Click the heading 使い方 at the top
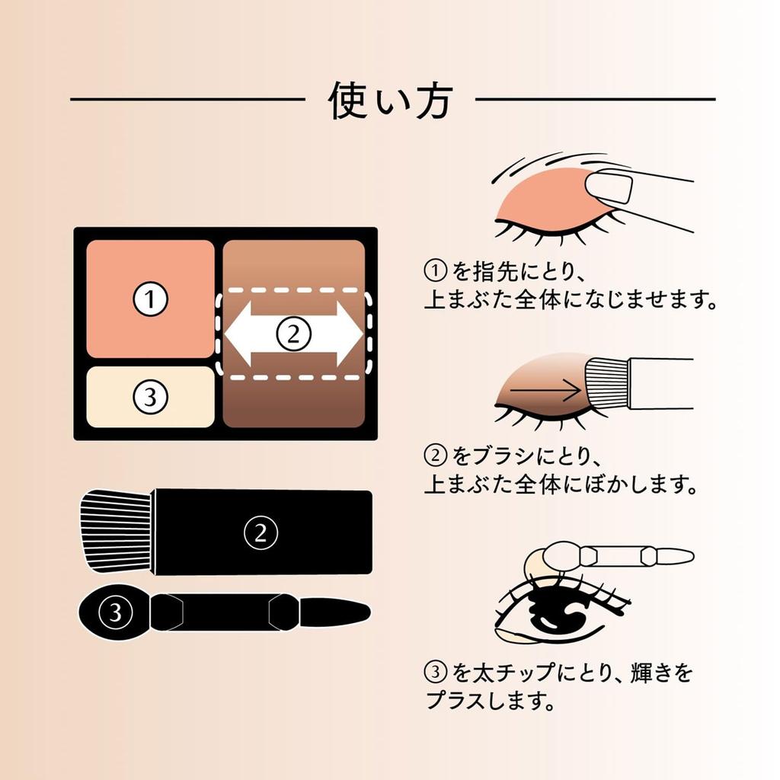pos(390,100)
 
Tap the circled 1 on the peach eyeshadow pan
pos(150,299)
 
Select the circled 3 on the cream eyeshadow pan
pos(150,396)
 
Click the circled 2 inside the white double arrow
pos(294,334)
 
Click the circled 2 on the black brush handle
pos(261,532)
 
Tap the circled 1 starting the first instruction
pos(434,270)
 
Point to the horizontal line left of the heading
pos(187,100)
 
